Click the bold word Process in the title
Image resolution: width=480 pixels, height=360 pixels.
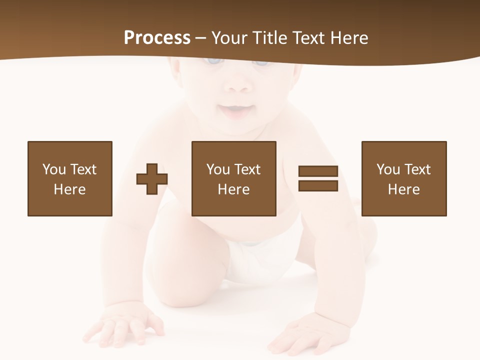(x=157, y=38)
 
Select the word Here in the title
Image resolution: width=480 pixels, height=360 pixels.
(x=349, y=38)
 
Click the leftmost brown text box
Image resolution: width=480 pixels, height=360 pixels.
(x=69, y=178)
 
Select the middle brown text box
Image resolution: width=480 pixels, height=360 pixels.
(x=233, y=178)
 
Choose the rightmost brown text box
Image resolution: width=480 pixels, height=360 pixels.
(x=403, y=178)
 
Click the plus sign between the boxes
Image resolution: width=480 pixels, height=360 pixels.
(x=152, y=179)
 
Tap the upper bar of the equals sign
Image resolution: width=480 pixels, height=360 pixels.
(x=318, y=171)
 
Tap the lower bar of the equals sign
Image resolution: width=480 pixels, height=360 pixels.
(x=318, y=185)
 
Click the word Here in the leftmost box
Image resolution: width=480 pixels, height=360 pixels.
(x=69, y=189)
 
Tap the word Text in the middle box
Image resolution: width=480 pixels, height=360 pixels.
(x=247, y=169)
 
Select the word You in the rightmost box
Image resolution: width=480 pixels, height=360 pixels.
(x=388, y=169)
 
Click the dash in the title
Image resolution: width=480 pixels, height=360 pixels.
(x=200, y=38)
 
